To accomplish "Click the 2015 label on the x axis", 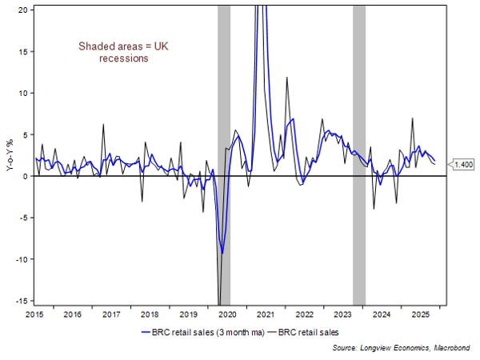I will click(x=35, y=315).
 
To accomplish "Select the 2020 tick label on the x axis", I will click(x=226, y=315).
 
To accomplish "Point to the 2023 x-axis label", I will click(x=342, y=315).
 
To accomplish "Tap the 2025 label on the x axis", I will click(x=418, y=315).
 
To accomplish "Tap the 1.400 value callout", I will click(x=464, y=164).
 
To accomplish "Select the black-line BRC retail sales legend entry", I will click(x=315, y=330).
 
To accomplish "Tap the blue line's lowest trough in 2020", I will click(x=222, y=253).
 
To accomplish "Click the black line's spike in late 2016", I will click(x=103, y=124).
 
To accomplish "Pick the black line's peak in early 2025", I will click(x=412, y=118).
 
